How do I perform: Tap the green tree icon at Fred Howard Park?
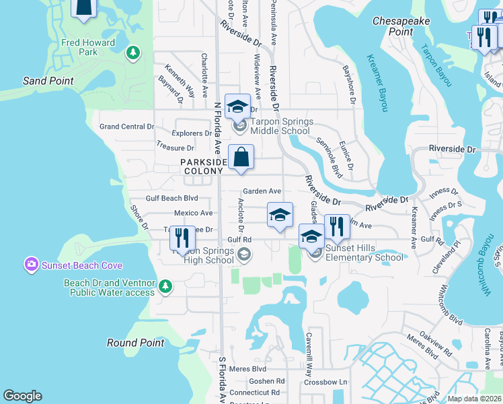click(x=133, y=52)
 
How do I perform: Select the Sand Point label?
click(x=48, y=81)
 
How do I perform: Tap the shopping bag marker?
click(x=241, y=158)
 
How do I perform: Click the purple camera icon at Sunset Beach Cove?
click(x=30, y=265)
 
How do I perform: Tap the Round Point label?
click(x=135, y=343)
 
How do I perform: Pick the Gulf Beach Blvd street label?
click(x=172, y=199)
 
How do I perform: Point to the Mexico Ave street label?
click(x=193, y=213)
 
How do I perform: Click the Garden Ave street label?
click(x=262, y=191)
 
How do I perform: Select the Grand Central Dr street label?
click(x=126, y=127)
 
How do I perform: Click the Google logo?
click(x=22, y=396)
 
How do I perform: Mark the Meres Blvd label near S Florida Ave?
click(x=248, y=369)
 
